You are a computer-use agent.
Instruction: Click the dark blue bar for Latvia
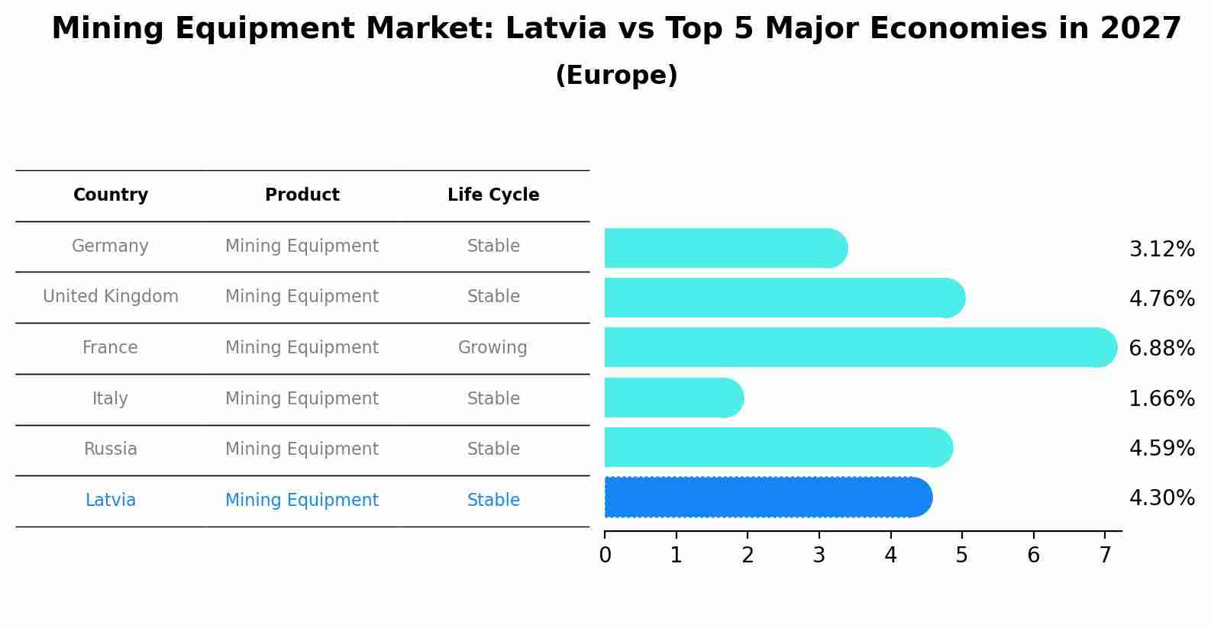[x=767, y=498]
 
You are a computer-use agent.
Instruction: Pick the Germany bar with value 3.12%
[x=725, y=248]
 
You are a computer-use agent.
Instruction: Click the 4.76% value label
[x=1161, y=298]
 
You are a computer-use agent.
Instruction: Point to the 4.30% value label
[x=1161, y=498]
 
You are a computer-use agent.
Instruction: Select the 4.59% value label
[x=1161, y=448]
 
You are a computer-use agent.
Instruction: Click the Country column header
[x=111, y=195]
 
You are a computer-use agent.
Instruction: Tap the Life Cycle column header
[x=493, y=195]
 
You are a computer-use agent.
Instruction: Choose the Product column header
[x=302, y=195]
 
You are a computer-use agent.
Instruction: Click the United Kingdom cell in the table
[x=111, y=297]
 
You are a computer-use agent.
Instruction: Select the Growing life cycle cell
[x=492, y=348]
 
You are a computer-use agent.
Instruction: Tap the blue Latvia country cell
[x=111, y=501]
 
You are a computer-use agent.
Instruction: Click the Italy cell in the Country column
[x=110, y=398]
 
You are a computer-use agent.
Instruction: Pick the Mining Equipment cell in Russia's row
[x=302, y=449]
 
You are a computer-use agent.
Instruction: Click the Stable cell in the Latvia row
[x=493, y=501]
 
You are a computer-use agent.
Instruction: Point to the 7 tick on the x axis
[x=1105, y=556]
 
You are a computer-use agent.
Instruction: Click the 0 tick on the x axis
[x=605, y=556]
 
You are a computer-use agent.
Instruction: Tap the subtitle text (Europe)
[x=616, y=76]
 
